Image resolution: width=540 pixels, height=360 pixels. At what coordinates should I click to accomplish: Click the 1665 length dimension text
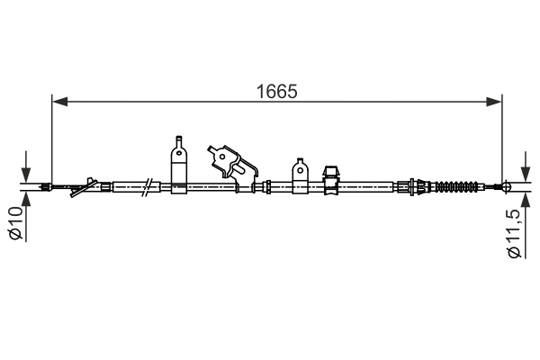click(276, 91)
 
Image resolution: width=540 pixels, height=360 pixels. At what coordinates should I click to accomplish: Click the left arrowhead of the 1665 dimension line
click(58, 102)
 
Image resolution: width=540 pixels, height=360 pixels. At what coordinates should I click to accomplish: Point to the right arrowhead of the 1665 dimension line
click(496, 102)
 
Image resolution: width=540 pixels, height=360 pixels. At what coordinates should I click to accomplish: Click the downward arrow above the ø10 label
click(26, 174)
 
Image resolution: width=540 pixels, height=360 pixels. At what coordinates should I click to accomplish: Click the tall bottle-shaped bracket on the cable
click(179, 163)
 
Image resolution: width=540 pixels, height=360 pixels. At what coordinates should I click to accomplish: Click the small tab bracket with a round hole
click(299, 175)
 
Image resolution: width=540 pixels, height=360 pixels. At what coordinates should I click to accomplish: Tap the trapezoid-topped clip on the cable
click(330, 176)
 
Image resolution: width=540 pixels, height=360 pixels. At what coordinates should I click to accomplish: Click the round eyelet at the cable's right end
click(506, 187)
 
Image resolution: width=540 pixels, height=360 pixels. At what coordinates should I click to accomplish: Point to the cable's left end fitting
click(45, 187)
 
